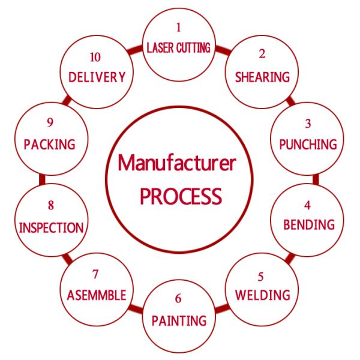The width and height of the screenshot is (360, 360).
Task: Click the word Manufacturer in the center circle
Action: click(x=177, y=163)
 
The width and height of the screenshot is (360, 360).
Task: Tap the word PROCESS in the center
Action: click(x=181, y=196)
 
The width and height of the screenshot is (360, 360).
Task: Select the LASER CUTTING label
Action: click(x=178, y=48)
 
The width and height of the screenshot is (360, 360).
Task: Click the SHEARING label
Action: click(x=262, y=77)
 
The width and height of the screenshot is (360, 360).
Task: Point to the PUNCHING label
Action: click(x=308, y=145)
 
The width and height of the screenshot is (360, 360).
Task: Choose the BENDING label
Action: click(x=309, y=224)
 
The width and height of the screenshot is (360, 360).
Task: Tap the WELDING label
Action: click(x=263, y=295)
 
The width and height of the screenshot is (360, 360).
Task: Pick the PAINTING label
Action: click(x=179, y=320)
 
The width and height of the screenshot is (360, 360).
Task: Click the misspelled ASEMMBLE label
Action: click(x=97, y=295)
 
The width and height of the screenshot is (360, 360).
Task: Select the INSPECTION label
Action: click(x=51, y=228)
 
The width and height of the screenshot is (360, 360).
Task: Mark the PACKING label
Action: click(x=50, y=145)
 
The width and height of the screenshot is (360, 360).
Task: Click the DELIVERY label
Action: click(x=97, y=77)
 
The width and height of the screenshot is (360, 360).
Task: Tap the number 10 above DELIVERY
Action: click(x=95, y=57)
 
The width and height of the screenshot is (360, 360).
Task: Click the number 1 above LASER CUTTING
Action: click(x=178, y=28)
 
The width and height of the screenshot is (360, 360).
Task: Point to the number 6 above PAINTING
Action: click(x=178, y=298)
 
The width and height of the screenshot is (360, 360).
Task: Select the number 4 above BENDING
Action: click(x=307, y=205)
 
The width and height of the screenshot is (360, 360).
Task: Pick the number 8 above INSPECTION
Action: click(x=51, y=205)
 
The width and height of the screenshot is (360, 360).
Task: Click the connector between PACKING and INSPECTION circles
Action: click(x=42, y=179)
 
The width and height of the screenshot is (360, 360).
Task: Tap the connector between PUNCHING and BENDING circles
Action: click(x=316, y=179)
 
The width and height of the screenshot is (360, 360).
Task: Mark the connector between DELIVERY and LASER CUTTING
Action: click(x=135, y=50)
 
